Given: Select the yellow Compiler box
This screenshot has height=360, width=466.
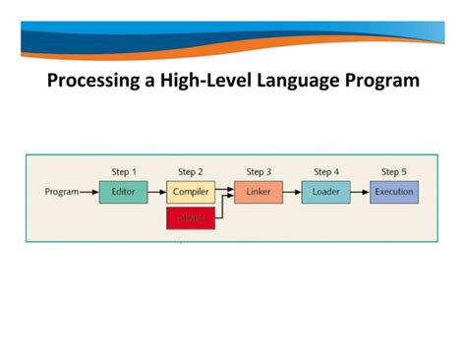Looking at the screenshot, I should (191, 192).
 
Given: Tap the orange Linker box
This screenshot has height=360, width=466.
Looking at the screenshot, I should (258, 192).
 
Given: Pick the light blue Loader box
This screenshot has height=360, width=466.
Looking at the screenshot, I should (325, 192).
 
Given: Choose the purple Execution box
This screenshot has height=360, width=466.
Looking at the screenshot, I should (394, 192).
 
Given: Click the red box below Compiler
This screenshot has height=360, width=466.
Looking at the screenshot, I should (191, 218).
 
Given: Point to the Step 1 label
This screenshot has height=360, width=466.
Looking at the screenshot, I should (124, 172).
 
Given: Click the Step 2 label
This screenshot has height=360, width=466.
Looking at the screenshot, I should (191, 172).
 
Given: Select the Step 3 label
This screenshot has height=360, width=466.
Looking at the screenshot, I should (259, 172).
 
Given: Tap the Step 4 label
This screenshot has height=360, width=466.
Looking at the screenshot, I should (325, 172).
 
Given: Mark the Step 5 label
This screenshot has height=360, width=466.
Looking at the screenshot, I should (393, 172).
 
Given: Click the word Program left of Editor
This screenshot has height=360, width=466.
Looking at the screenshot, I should (62, 192).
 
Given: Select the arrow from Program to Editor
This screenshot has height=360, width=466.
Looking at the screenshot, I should (88, 192).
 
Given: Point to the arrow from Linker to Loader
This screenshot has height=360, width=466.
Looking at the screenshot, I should (290, 192).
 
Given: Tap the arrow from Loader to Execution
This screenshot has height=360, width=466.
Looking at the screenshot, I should (359, 192).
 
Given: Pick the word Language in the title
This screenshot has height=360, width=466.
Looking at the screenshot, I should (300, 80).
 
